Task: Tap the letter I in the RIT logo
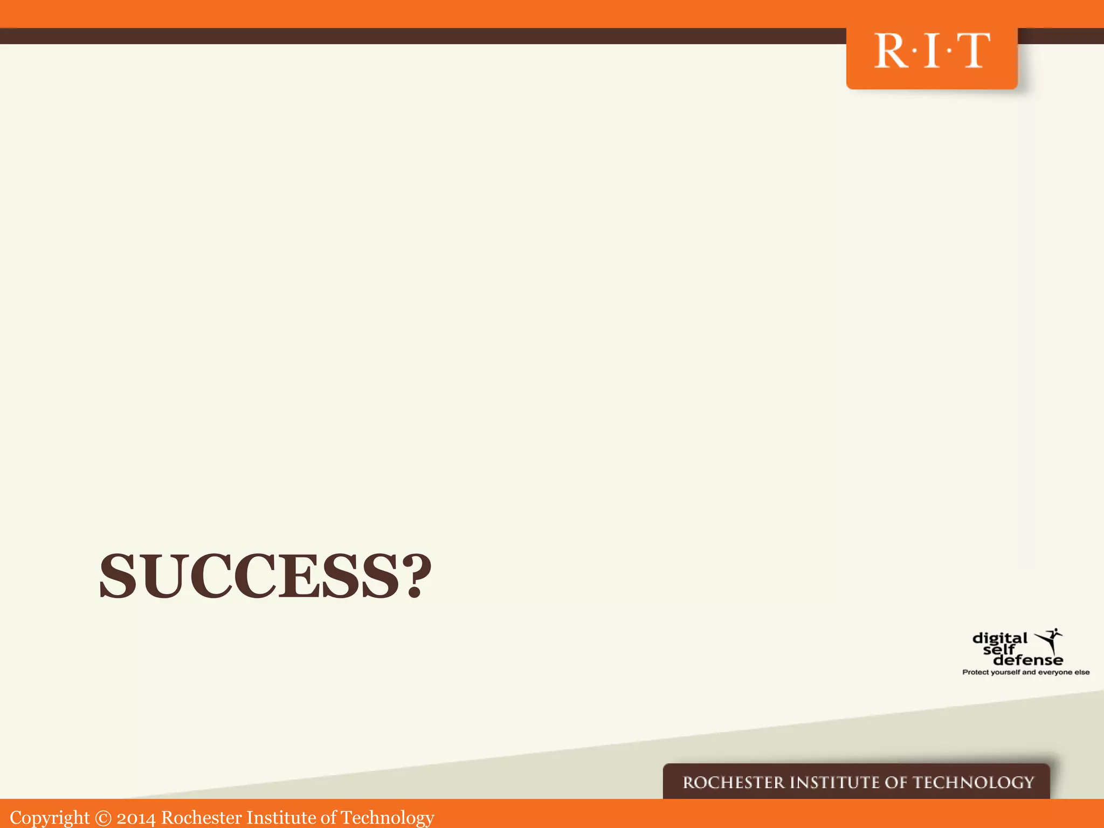pos(931,51)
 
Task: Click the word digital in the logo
pos(1000,639)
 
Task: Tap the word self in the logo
pos(998,650)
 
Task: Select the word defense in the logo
pos(1028,660)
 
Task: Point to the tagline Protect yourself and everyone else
pos(1026,672)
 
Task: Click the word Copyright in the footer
pos(50,818)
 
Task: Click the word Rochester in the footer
pos(202,818)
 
